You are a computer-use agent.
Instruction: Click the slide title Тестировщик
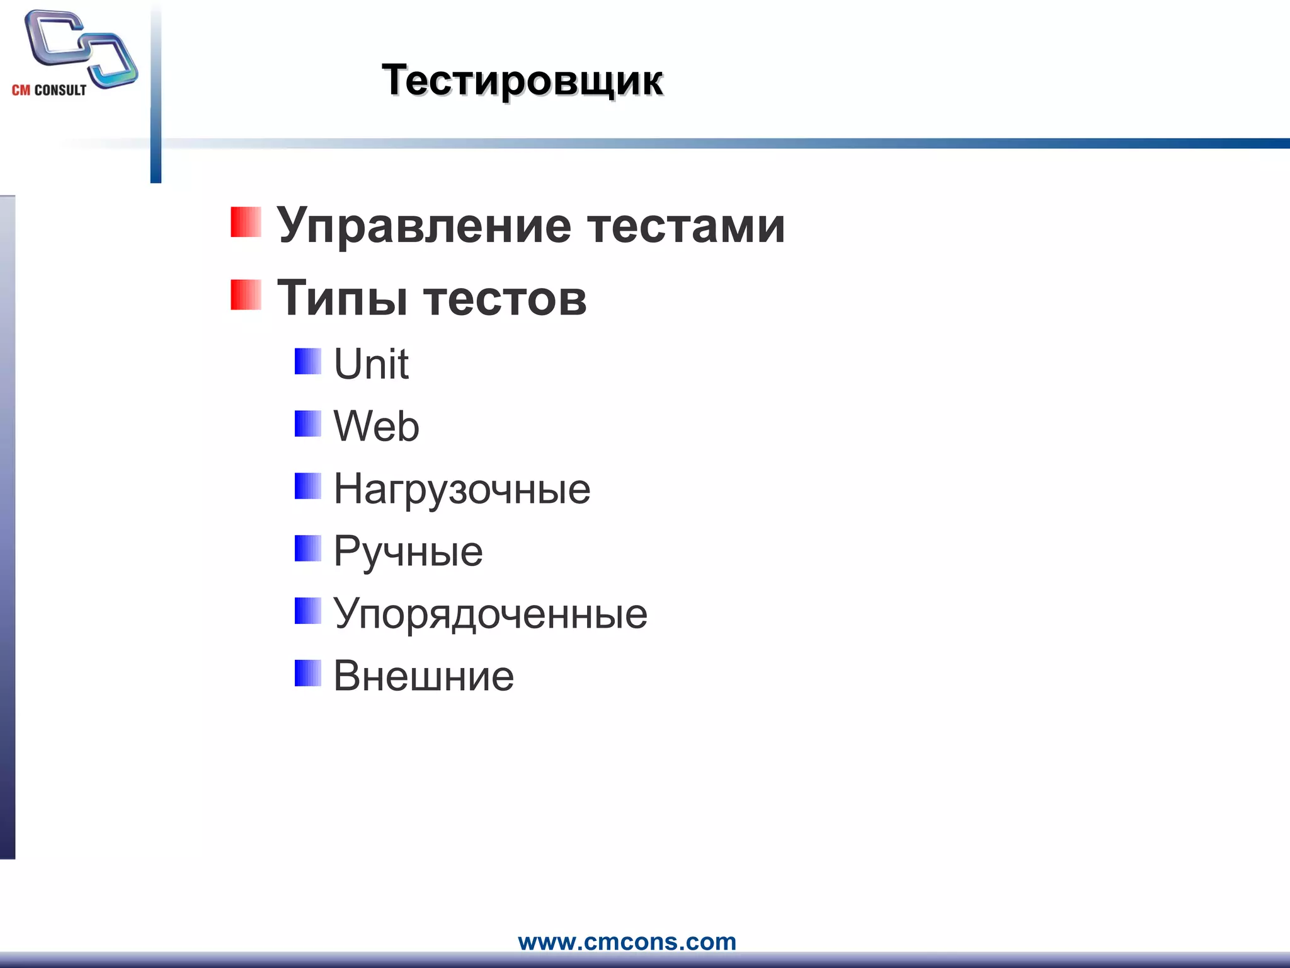522,81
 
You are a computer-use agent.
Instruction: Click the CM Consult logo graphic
81,48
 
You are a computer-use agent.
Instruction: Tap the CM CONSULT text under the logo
49,90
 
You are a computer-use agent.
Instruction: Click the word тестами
686,226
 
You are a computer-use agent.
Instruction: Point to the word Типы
343,298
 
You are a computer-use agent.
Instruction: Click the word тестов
505,298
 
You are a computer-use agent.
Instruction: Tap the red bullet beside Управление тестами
246,222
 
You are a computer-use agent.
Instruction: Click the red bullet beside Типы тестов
246,295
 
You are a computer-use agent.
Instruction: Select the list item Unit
371,364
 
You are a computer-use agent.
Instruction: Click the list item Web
376,426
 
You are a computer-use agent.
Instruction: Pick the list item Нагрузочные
462,489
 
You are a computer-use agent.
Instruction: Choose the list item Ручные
408,551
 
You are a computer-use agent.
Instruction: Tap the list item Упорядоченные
490,614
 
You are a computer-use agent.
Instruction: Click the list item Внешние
423,676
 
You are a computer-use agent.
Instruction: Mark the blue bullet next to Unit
308,361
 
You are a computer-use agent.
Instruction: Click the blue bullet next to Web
308,423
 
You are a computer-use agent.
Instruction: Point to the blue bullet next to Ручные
308,548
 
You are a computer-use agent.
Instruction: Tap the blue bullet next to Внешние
308,673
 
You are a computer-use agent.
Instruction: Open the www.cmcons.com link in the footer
627,942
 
